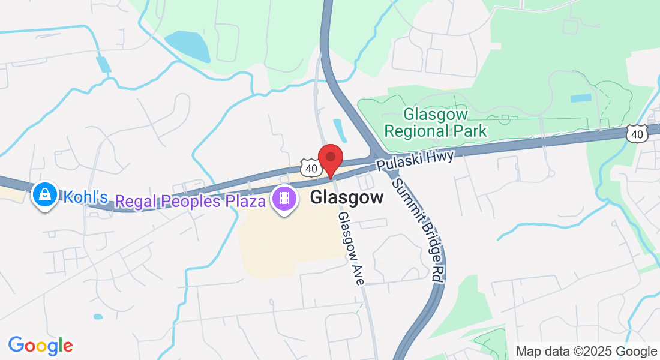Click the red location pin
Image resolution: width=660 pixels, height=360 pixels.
click(330, 159)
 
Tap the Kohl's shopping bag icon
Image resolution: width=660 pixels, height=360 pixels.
click(44, 194)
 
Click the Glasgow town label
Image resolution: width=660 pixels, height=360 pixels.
click(347, 198)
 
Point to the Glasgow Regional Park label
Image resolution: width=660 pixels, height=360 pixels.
click(436, 122)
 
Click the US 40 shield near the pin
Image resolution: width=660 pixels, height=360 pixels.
click(310, 169)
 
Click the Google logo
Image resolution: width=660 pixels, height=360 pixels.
click(40, 346)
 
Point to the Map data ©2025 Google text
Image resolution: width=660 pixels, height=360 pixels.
click(587, 351)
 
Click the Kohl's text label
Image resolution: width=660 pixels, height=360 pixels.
click(86, 197)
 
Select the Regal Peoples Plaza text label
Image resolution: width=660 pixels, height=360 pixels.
click(190, 200)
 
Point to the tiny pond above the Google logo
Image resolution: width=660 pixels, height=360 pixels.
click(98, 316)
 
